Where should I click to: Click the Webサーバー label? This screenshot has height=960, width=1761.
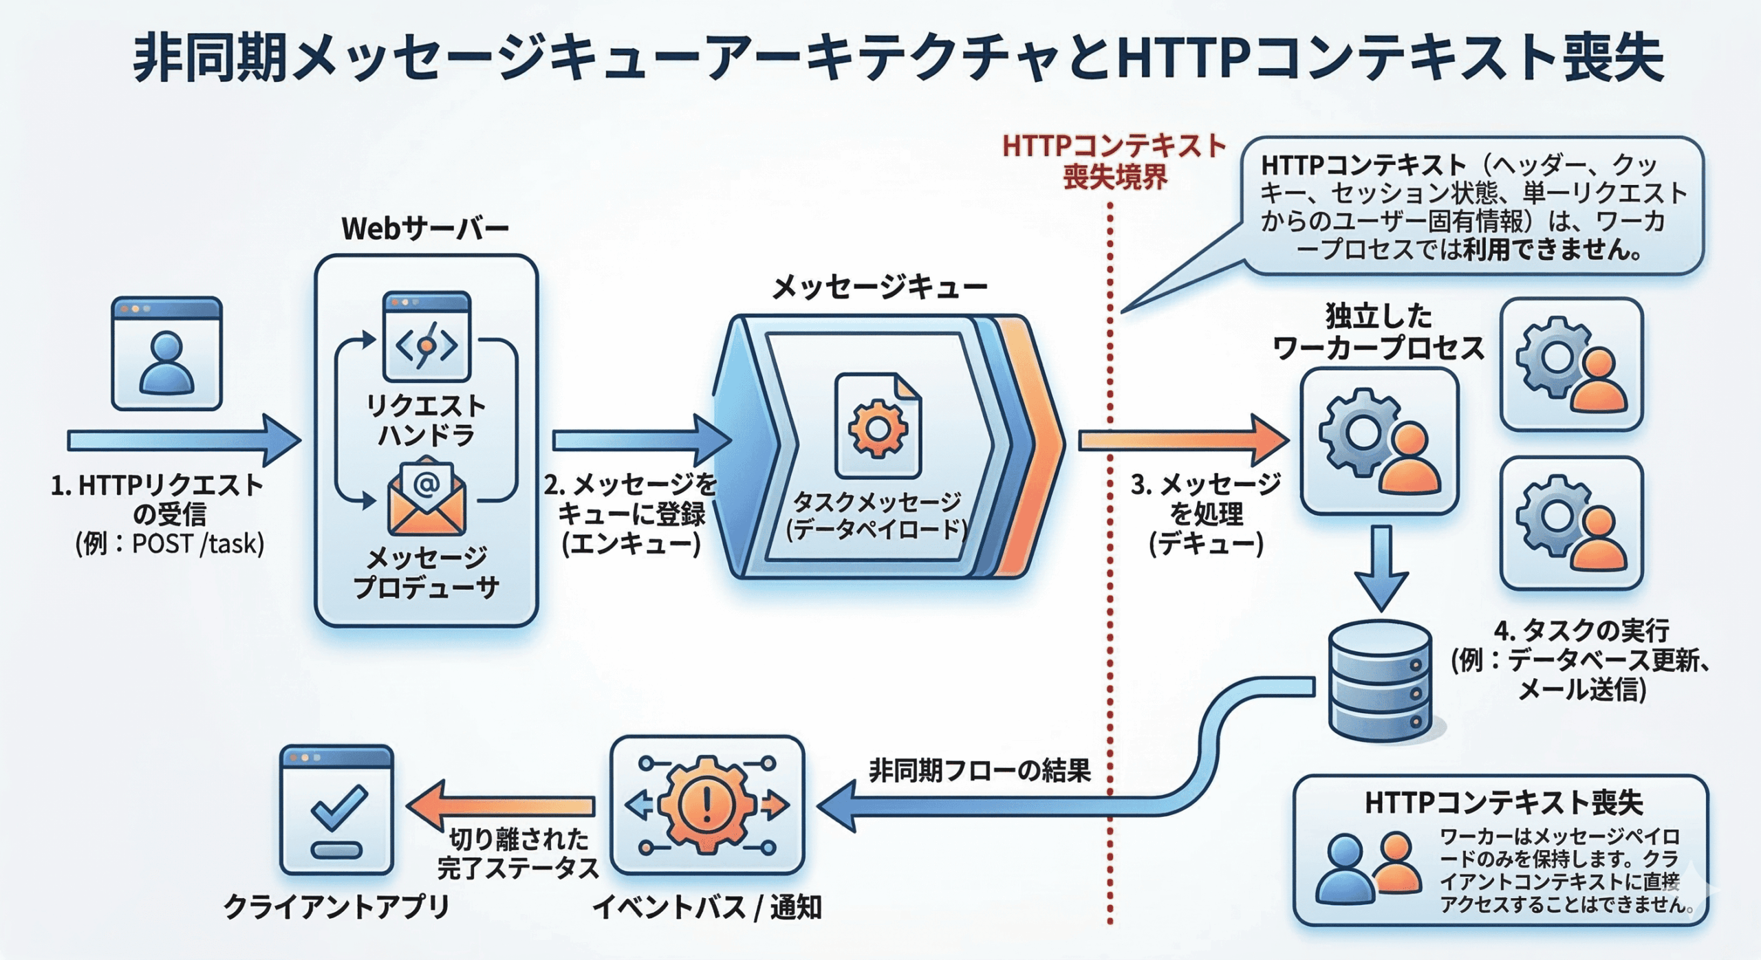[x=425, y=229]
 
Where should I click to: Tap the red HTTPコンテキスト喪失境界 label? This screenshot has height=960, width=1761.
[x=1114, y=162]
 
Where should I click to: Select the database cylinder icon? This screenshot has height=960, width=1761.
[x=1380, y=681]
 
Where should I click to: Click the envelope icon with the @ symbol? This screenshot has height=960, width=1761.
[x=426, y=497]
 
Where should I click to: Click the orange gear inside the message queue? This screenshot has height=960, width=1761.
[x=878, y=428]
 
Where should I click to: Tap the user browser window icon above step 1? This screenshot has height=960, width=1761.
[x=166, y=353]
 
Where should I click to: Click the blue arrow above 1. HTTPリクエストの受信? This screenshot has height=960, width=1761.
[x=183, y=440]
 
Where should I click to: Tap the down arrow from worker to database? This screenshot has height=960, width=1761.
[x=1381, y=567]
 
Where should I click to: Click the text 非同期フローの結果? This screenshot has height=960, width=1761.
[x=980, y=770]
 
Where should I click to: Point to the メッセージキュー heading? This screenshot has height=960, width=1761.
[x=879, y=287]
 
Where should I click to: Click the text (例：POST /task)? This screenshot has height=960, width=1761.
[x=170, y=545]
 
